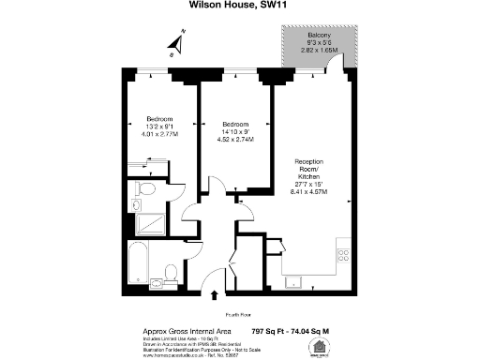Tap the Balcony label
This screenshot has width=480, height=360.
[x=318, y=36]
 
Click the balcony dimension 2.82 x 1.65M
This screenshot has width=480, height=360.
[x=319, y=52]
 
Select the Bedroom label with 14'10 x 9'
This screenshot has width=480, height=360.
[x=234, y=125]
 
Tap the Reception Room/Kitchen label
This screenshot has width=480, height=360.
[x=309, y=171]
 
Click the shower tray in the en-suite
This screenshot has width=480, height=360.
[x=147, y=223]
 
